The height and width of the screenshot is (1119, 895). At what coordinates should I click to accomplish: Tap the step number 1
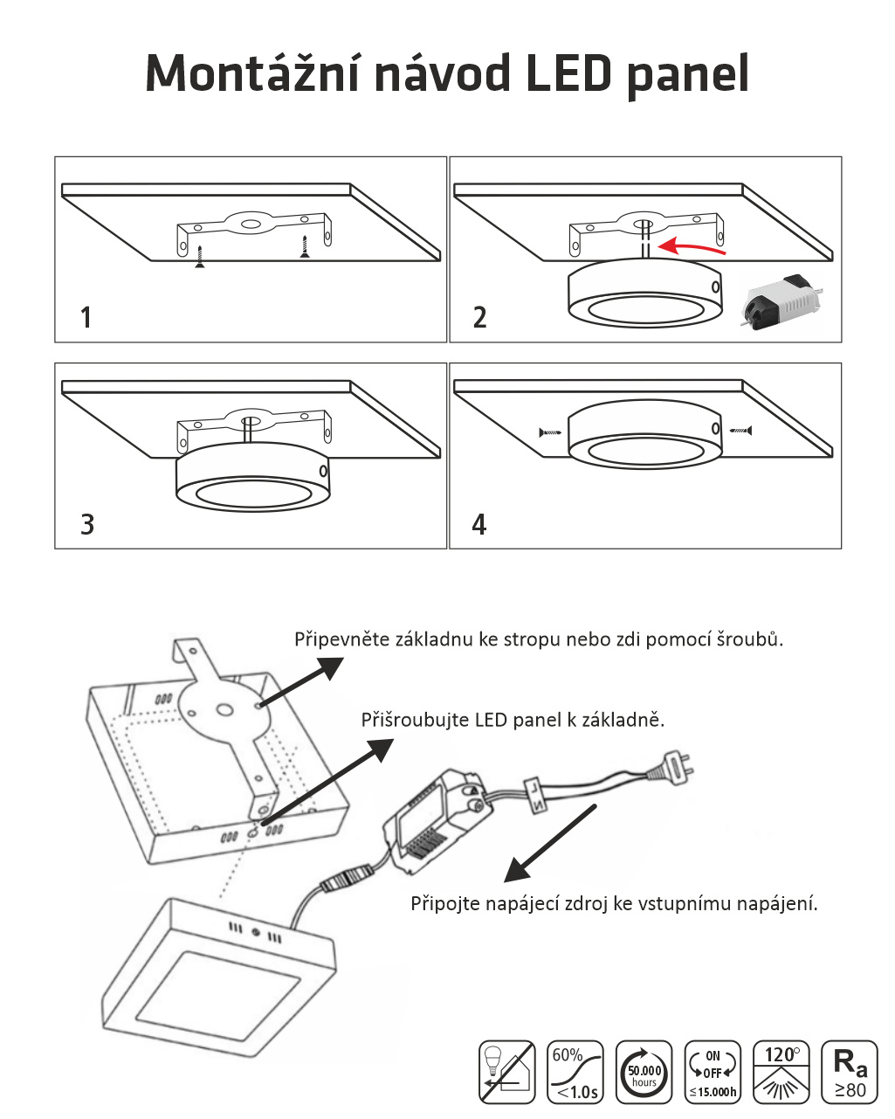coord(86,317)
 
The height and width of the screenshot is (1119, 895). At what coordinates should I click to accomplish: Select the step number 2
coord(479,317)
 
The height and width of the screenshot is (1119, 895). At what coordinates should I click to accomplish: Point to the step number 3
coord(86,524)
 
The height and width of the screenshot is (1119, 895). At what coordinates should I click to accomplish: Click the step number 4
coord(478,524)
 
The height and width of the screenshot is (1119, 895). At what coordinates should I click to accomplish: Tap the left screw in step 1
coord(199,259)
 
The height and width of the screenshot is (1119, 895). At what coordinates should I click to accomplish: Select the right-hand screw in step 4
coord(740,430)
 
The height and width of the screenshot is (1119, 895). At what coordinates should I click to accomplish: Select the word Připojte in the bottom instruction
coord(444,903)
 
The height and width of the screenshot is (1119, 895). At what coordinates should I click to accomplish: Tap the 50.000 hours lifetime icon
coord(644,1072)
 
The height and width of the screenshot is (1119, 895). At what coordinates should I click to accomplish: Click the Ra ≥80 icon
coord(850,1072)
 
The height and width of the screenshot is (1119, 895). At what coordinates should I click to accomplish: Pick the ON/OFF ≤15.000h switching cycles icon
coord(713,1072)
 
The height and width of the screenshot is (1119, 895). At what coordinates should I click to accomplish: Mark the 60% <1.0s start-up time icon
coord(575,1072)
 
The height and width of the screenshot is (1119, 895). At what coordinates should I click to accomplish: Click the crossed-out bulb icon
coord(507,1072)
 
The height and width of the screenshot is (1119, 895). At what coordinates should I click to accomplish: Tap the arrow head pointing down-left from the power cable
coord(516,871)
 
